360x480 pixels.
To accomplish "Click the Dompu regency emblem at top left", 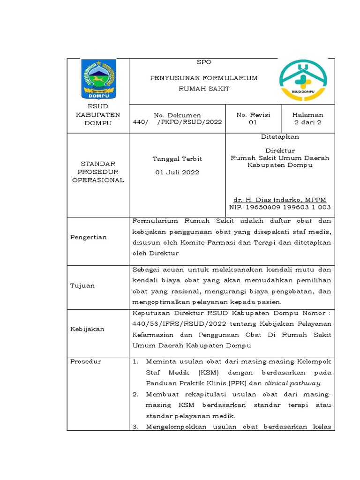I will [98, 79].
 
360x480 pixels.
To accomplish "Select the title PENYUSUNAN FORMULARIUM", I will [203, 78].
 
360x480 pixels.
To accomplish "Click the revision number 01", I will [253, 122].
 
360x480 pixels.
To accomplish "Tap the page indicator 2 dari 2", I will [307, 122].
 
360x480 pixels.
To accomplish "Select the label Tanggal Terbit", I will [177, 159].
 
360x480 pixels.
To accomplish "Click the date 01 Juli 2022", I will [177, 172].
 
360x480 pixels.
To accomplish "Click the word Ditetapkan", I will [280, 137].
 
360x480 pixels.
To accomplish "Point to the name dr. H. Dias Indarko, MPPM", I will [280, 200].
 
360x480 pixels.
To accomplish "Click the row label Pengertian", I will [89, 237].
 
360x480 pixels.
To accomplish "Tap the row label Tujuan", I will [82, 285].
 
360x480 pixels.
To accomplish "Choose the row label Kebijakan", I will [87, 329].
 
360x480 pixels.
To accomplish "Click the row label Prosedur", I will [86, 361].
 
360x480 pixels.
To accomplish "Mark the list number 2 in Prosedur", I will [135, 394].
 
